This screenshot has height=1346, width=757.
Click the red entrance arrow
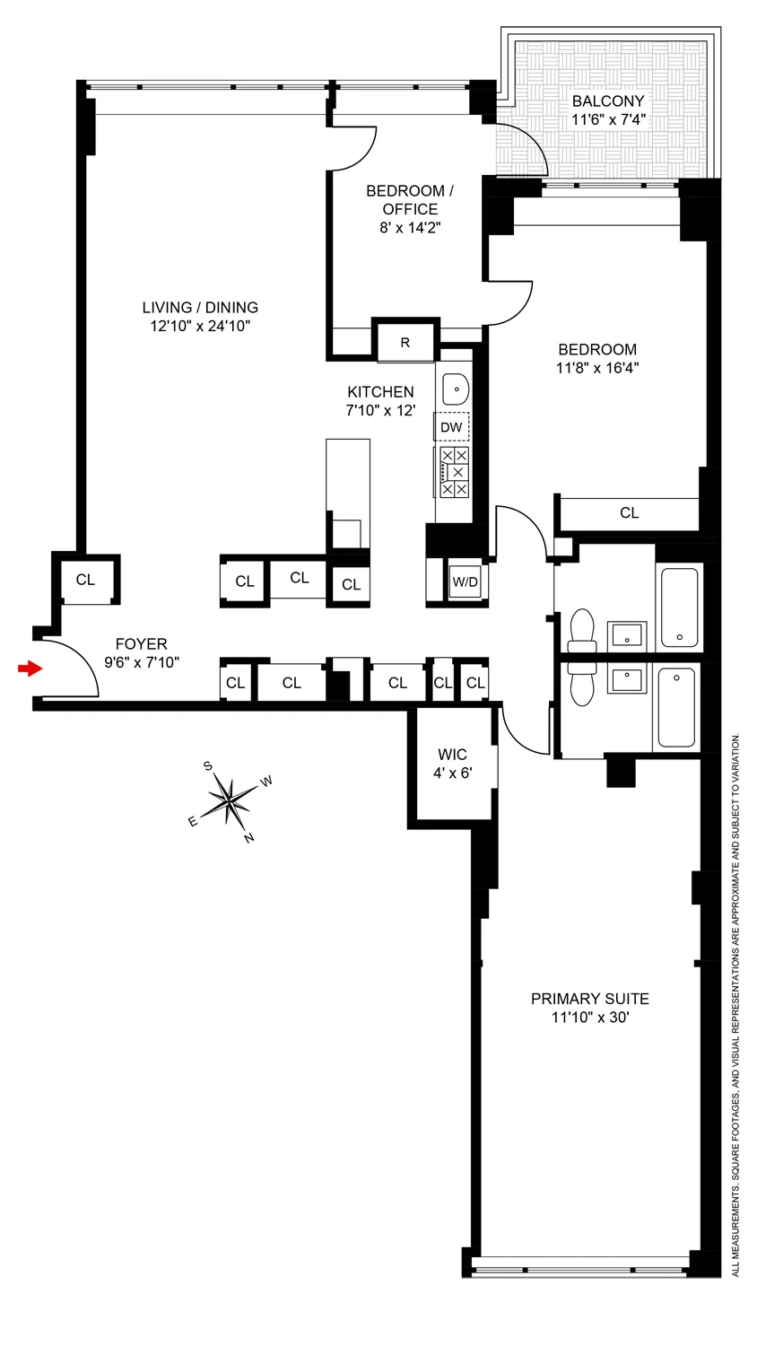click(30, 669)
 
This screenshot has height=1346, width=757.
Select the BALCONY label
click(607, 101)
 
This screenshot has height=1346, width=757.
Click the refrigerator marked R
click(405, 343)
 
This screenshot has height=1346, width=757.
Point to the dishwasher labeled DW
click(452, 427)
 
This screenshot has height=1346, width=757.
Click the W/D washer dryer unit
click(465, 581)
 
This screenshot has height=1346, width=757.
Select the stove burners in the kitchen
click(454, 472)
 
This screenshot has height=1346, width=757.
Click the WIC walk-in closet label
click(452, 754)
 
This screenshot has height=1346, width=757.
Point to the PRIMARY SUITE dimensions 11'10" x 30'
click(589, 1018)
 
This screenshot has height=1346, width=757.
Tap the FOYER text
click(141, 644)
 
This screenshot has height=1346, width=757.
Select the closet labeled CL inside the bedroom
click(629, 512)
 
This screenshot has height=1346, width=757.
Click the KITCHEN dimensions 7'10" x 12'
click(380, 411)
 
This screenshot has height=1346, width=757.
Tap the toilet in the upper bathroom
click(581, 630)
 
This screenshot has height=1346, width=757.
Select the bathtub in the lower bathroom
click(676, 708)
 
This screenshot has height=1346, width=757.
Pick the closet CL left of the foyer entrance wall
click(85, 580)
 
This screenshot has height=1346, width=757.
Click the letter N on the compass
click(249, 838)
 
